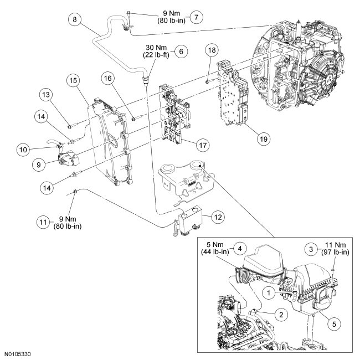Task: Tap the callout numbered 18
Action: [210, 50]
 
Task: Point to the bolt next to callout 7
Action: [128, 13]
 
